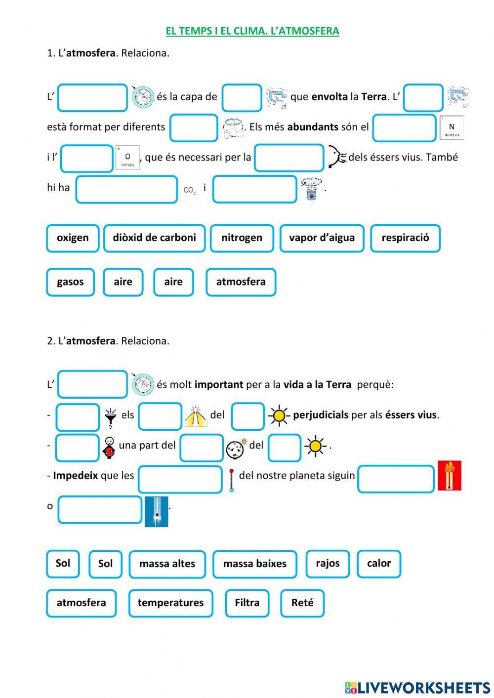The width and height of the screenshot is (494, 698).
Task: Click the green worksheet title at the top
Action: tap(252, 31)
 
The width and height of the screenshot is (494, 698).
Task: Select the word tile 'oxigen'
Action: tap(73, 238)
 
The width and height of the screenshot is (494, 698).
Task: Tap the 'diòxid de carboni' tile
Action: tap(154, 238)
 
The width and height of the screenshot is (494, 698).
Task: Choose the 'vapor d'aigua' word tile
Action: tap(322, 238)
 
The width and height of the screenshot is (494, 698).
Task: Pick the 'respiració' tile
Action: tap(405, 238)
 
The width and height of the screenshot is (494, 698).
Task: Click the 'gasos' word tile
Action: tap(70, 282)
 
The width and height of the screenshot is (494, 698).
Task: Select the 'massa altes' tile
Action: tap(167, 564)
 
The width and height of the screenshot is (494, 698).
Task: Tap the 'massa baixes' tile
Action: tap(254, 564)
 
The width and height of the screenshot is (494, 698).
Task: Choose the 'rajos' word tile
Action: tap(328, 564)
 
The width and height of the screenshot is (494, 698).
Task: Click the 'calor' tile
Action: tap(378, 564)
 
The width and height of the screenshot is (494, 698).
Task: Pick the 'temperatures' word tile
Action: tap(170, 603)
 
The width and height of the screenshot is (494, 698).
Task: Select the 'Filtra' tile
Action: tap(247, 603)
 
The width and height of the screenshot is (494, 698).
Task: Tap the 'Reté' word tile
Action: tap(302, 603)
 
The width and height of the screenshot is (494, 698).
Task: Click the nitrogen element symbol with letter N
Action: tap(451, 127)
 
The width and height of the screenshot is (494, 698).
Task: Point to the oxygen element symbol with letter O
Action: tap(127, 158)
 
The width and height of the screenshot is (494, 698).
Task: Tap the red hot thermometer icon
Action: tap(450, 476)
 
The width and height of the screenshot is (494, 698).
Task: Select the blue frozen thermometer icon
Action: tap(156, 512)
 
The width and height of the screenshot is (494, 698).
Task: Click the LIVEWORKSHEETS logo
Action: tap(417, 687)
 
